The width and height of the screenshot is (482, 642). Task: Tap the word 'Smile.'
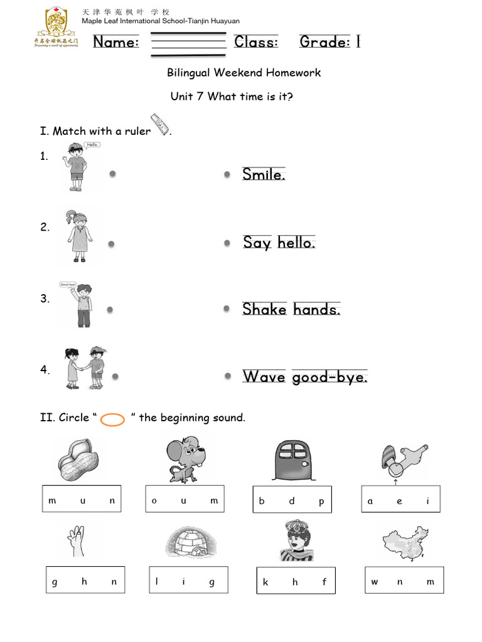click(264, 174)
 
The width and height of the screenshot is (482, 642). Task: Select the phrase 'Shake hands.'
click(291, 309)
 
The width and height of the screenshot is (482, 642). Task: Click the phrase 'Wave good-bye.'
click(305, 377)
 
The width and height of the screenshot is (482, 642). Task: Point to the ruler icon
click(160, 124)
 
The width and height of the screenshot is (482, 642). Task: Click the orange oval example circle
click(113, 419)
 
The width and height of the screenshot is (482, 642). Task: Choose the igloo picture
click(188, 542)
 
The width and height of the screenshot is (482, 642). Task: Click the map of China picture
click(405, 542)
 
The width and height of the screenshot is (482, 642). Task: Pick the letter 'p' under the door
click(321, 502)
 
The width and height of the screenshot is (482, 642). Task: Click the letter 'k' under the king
click(265, 582)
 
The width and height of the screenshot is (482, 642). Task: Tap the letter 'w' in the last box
click(374, 582)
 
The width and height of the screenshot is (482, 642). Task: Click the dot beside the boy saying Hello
click(112, 174)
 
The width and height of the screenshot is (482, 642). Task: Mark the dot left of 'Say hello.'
click(227, 243)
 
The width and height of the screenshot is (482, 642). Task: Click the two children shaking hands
click(83, 368)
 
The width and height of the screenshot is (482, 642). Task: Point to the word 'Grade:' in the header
click(324, 42)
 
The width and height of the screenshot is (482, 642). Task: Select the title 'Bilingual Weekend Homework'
click(244, 73)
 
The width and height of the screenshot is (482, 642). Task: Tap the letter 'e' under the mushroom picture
click(399, 501)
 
